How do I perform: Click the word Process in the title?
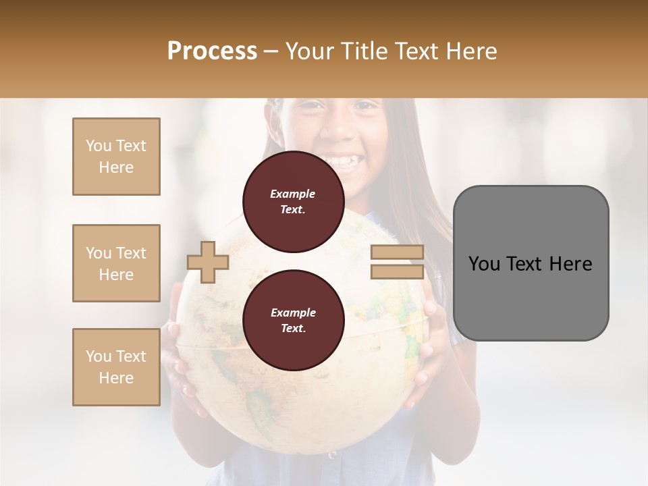[x=212, y=51]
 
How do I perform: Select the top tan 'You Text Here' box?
[x=116, y=157]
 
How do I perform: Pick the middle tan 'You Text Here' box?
[x=116, y=263]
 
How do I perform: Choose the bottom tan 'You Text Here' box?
[x=116, y=367]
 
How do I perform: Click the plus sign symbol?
[x=208, y=262]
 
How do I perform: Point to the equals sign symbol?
[x=397, y=262]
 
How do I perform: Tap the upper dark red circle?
[x=293, y=202]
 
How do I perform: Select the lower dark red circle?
[x=293, y=321]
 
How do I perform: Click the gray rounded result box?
[x=531, y=263]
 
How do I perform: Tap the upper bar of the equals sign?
[x=397, y=252]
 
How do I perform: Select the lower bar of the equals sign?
[x=397, y=271]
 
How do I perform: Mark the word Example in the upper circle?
[x=293, y=194]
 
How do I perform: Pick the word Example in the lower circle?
[x=293, y=313]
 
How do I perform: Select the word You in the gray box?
[x=485, y=264]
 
